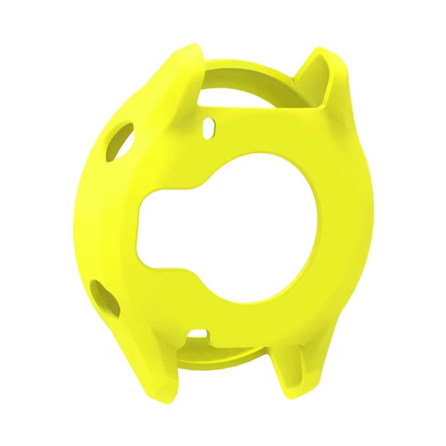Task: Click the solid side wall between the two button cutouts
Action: pyautogui.click(x=92, y=218)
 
